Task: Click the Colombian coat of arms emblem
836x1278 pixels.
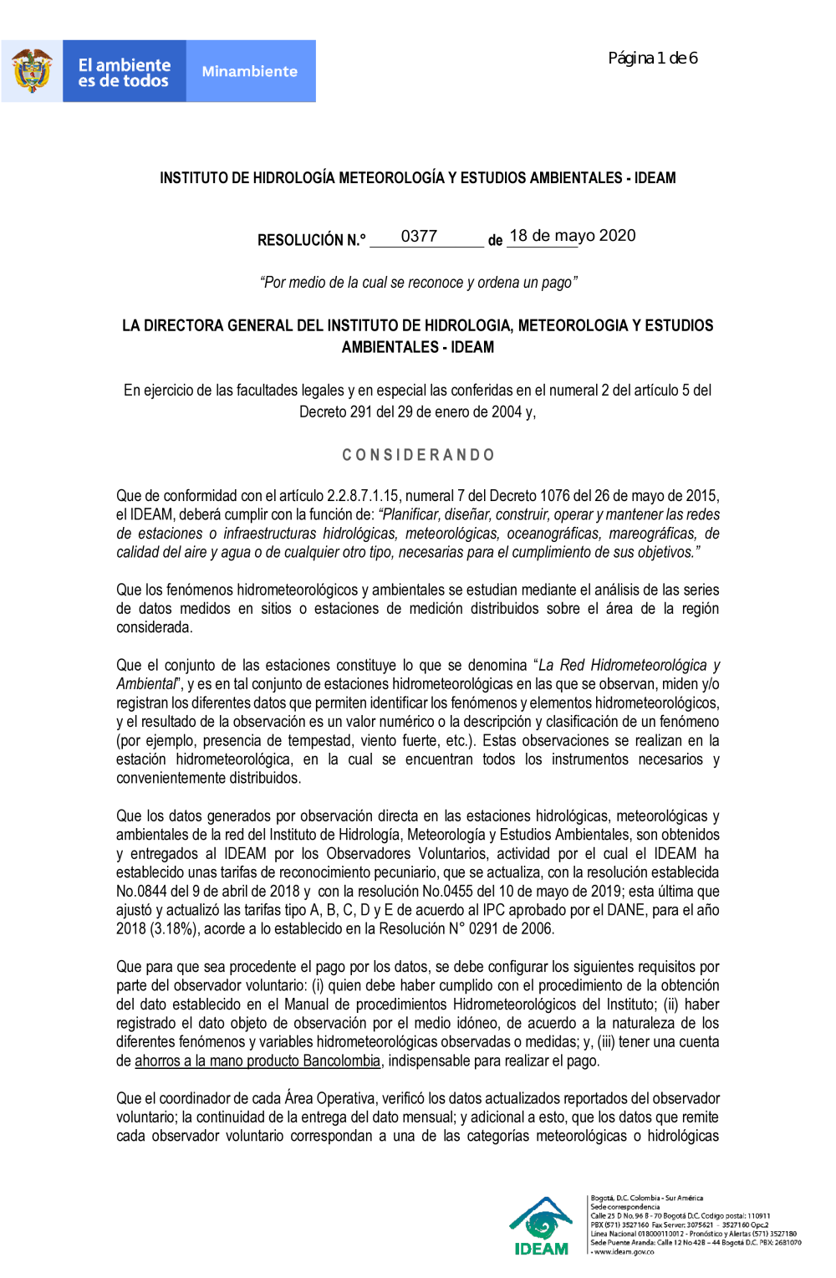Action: tap(32, 71)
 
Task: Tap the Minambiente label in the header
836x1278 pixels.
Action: tap(249, 72)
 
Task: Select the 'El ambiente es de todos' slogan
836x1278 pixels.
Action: tap(124, 73)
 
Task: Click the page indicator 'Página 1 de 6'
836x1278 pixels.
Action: tap(652, 58)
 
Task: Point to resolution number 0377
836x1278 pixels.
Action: tap(419, 237)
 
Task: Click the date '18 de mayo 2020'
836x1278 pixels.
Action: tap(572, 236)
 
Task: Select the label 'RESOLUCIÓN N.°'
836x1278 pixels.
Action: tap(311, 241)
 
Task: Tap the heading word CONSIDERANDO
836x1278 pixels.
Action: tap(418, 455)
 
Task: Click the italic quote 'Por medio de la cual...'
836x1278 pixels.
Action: tap(418, 283)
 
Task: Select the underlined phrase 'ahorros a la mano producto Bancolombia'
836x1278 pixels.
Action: tap(257, 1061)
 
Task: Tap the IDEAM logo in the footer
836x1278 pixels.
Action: tap(542, 1226)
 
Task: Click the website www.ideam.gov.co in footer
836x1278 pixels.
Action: tap(624, 1252)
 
